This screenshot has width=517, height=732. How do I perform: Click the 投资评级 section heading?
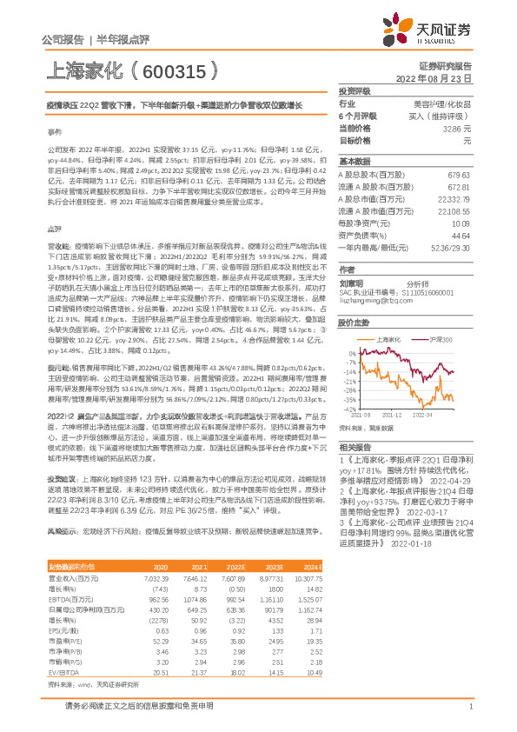point(355,90)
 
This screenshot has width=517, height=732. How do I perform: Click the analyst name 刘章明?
point(351,283)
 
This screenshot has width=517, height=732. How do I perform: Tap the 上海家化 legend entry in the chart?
point(389,337)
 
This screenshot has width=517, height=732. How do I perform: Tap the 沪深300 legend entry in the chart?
point(440,337)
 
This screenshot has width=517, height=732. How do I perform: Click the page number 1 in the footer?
point(469,707)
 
